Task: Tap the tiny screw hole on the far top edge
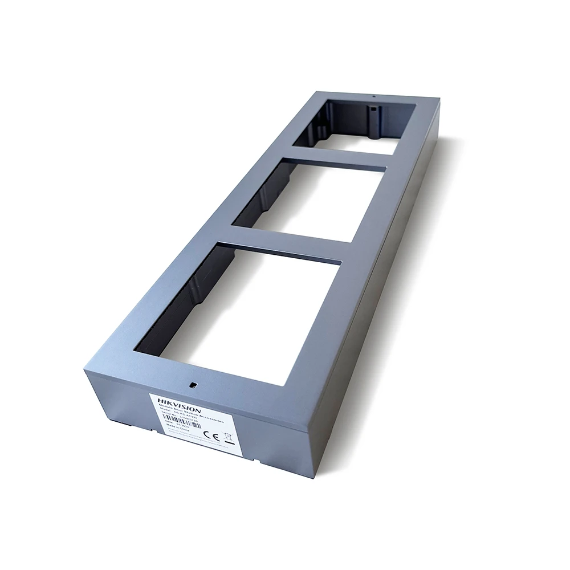[x=373, y=96]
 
